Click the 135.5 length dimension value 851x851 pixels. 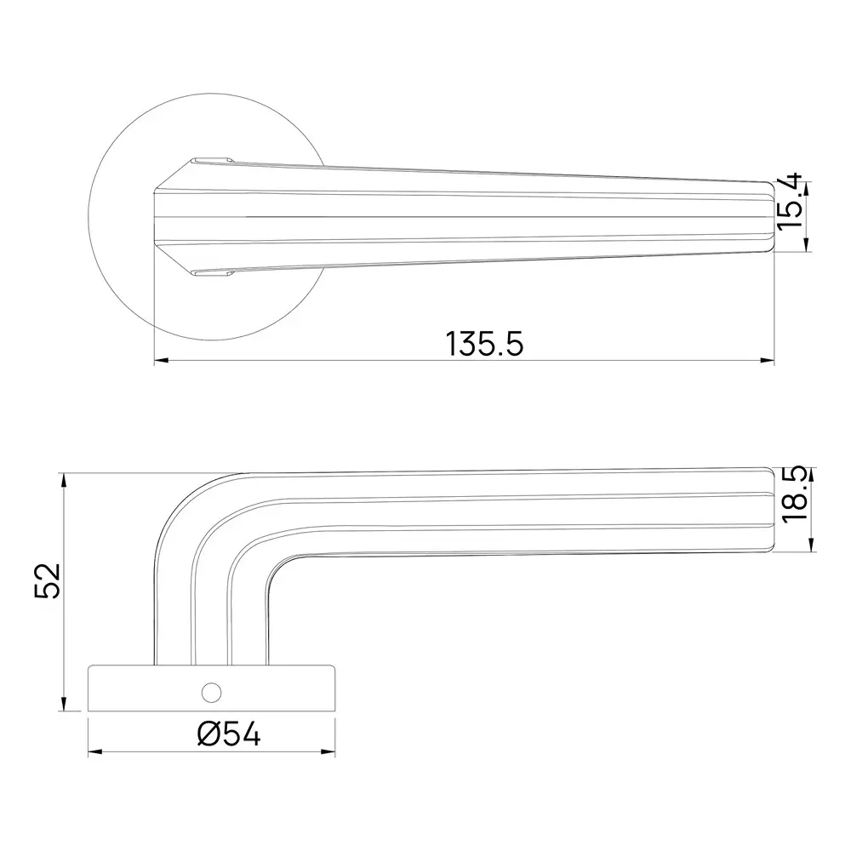[483, 343]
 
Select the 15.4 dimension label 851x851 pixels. [790, 202]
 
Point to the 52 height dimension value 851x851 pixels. [47, 581]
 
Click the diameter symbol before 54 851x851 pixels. [210, 734]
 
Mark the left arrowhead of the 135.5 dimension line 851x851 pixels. [159, 361]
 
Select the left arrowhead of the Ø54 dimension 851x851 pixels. [94, 752]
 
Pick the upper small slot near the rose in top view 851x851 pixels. [212, 159]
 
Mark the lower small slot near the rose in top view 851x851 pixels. [212, 273]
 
